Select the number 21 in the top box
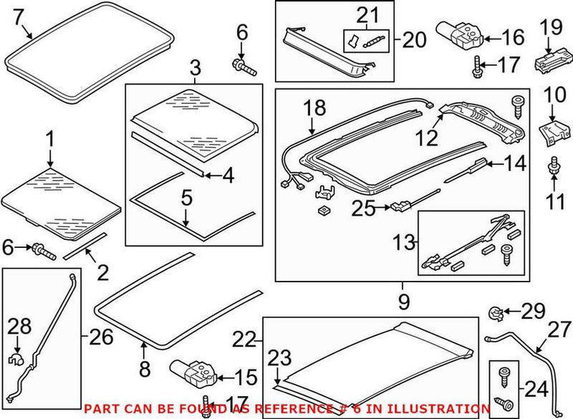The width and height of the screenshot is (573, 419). [x=366, y=14]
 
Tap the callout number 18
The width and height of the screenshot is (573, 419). [x=315, y=108]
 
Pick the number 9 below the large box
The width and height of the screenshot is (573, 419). [x=403, y=302]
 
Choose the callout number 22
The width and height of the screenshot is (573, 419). [x=246, y=339]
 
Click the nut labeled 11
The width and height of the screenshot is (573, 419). [x=553, y=170]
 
